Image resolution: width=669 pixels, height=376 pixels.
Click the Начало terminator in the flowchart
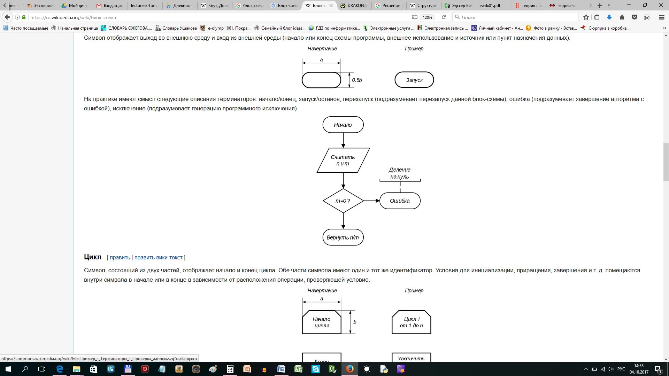(343, 125)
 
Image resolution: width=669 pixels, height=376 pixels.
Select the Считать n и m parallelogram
(343, 160)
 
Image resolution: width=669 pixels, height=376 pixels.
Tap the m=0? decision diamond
(343, 201)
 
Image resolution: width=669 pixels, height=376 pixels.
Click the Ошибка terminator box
(400, 201)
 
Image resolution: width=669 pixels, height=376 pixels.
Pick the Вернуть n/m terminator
(343, 237)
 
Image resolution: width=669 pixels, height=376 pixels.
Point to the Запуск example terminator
(414, 80)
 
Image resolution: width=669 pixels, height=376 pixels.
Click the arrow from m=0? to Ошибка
(371, 201)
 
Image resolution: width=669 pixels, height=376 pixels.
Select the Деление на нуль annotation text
(400, 173)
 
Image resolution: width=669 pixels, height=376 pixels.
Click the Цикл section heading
(93, 257)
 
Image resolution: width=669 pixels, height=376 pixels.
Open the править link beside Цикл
(120, 258)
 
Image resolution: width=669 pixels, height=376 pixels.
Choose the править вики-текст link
(159, 258)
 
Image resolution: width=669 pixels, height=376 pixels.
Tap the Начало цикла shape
(322, 322)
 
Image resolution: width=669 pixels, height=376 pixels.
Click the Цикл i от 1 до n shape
(412, 322)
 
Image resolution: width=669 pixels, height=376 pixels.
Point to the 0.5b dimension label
(357, 80)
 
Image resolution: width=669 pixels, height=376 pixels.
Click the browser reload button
(444, 17)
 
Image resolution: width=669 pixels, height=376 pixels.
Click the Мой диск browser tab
(75, 6)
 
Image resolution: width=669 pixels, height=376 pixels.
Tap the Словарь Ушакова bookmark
(176, 28)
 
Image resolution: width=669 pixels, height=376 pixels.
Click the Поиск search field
(516, 17)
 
